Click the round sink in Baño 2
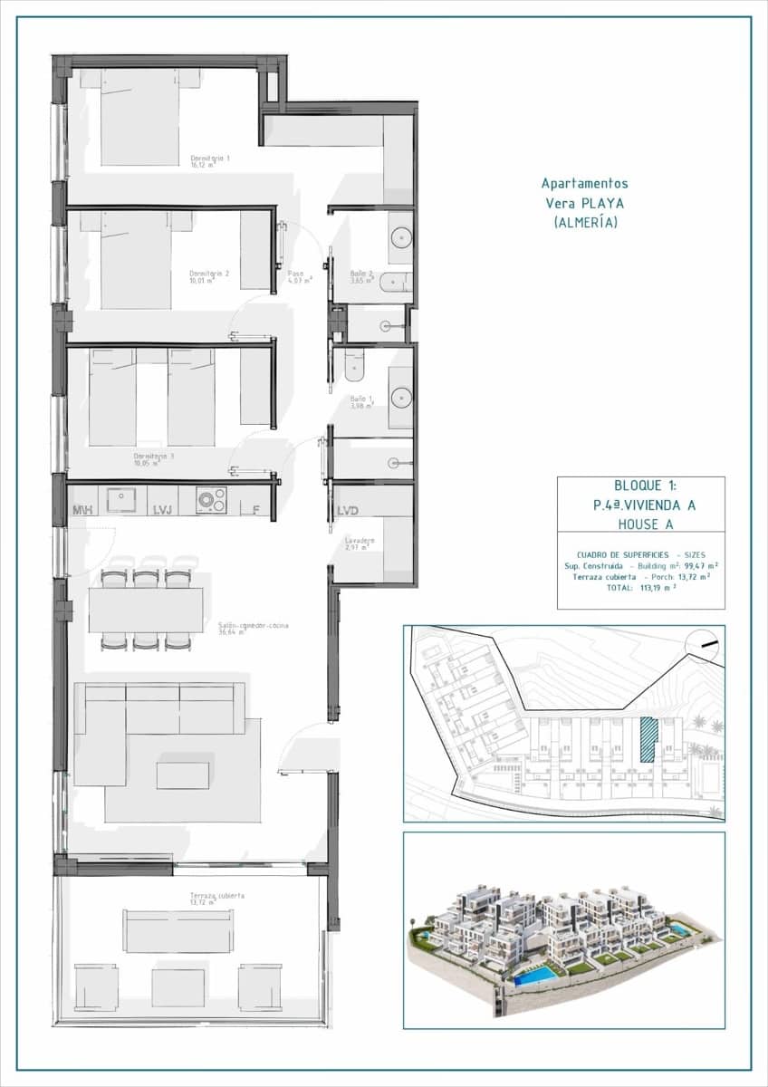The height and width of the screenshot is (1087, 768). pyautogui.click(x=401, y=238)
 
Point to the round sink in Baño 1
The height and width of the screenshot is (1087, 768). pyautogui.click(x=401, y=396)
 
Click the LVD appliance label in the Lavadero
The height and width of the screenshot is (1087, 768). pyautogui.click(x=348, y=511)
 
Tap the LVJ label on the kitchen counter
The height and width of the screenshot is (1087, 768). pyautogui.click(x=163, y=511)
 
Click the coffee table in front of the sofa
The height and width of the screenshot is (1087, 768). pyautogui.click(x=182, y=774)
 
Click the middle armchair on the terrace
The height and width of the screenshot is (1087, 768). pyautogui.click(x=178, y=986)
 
